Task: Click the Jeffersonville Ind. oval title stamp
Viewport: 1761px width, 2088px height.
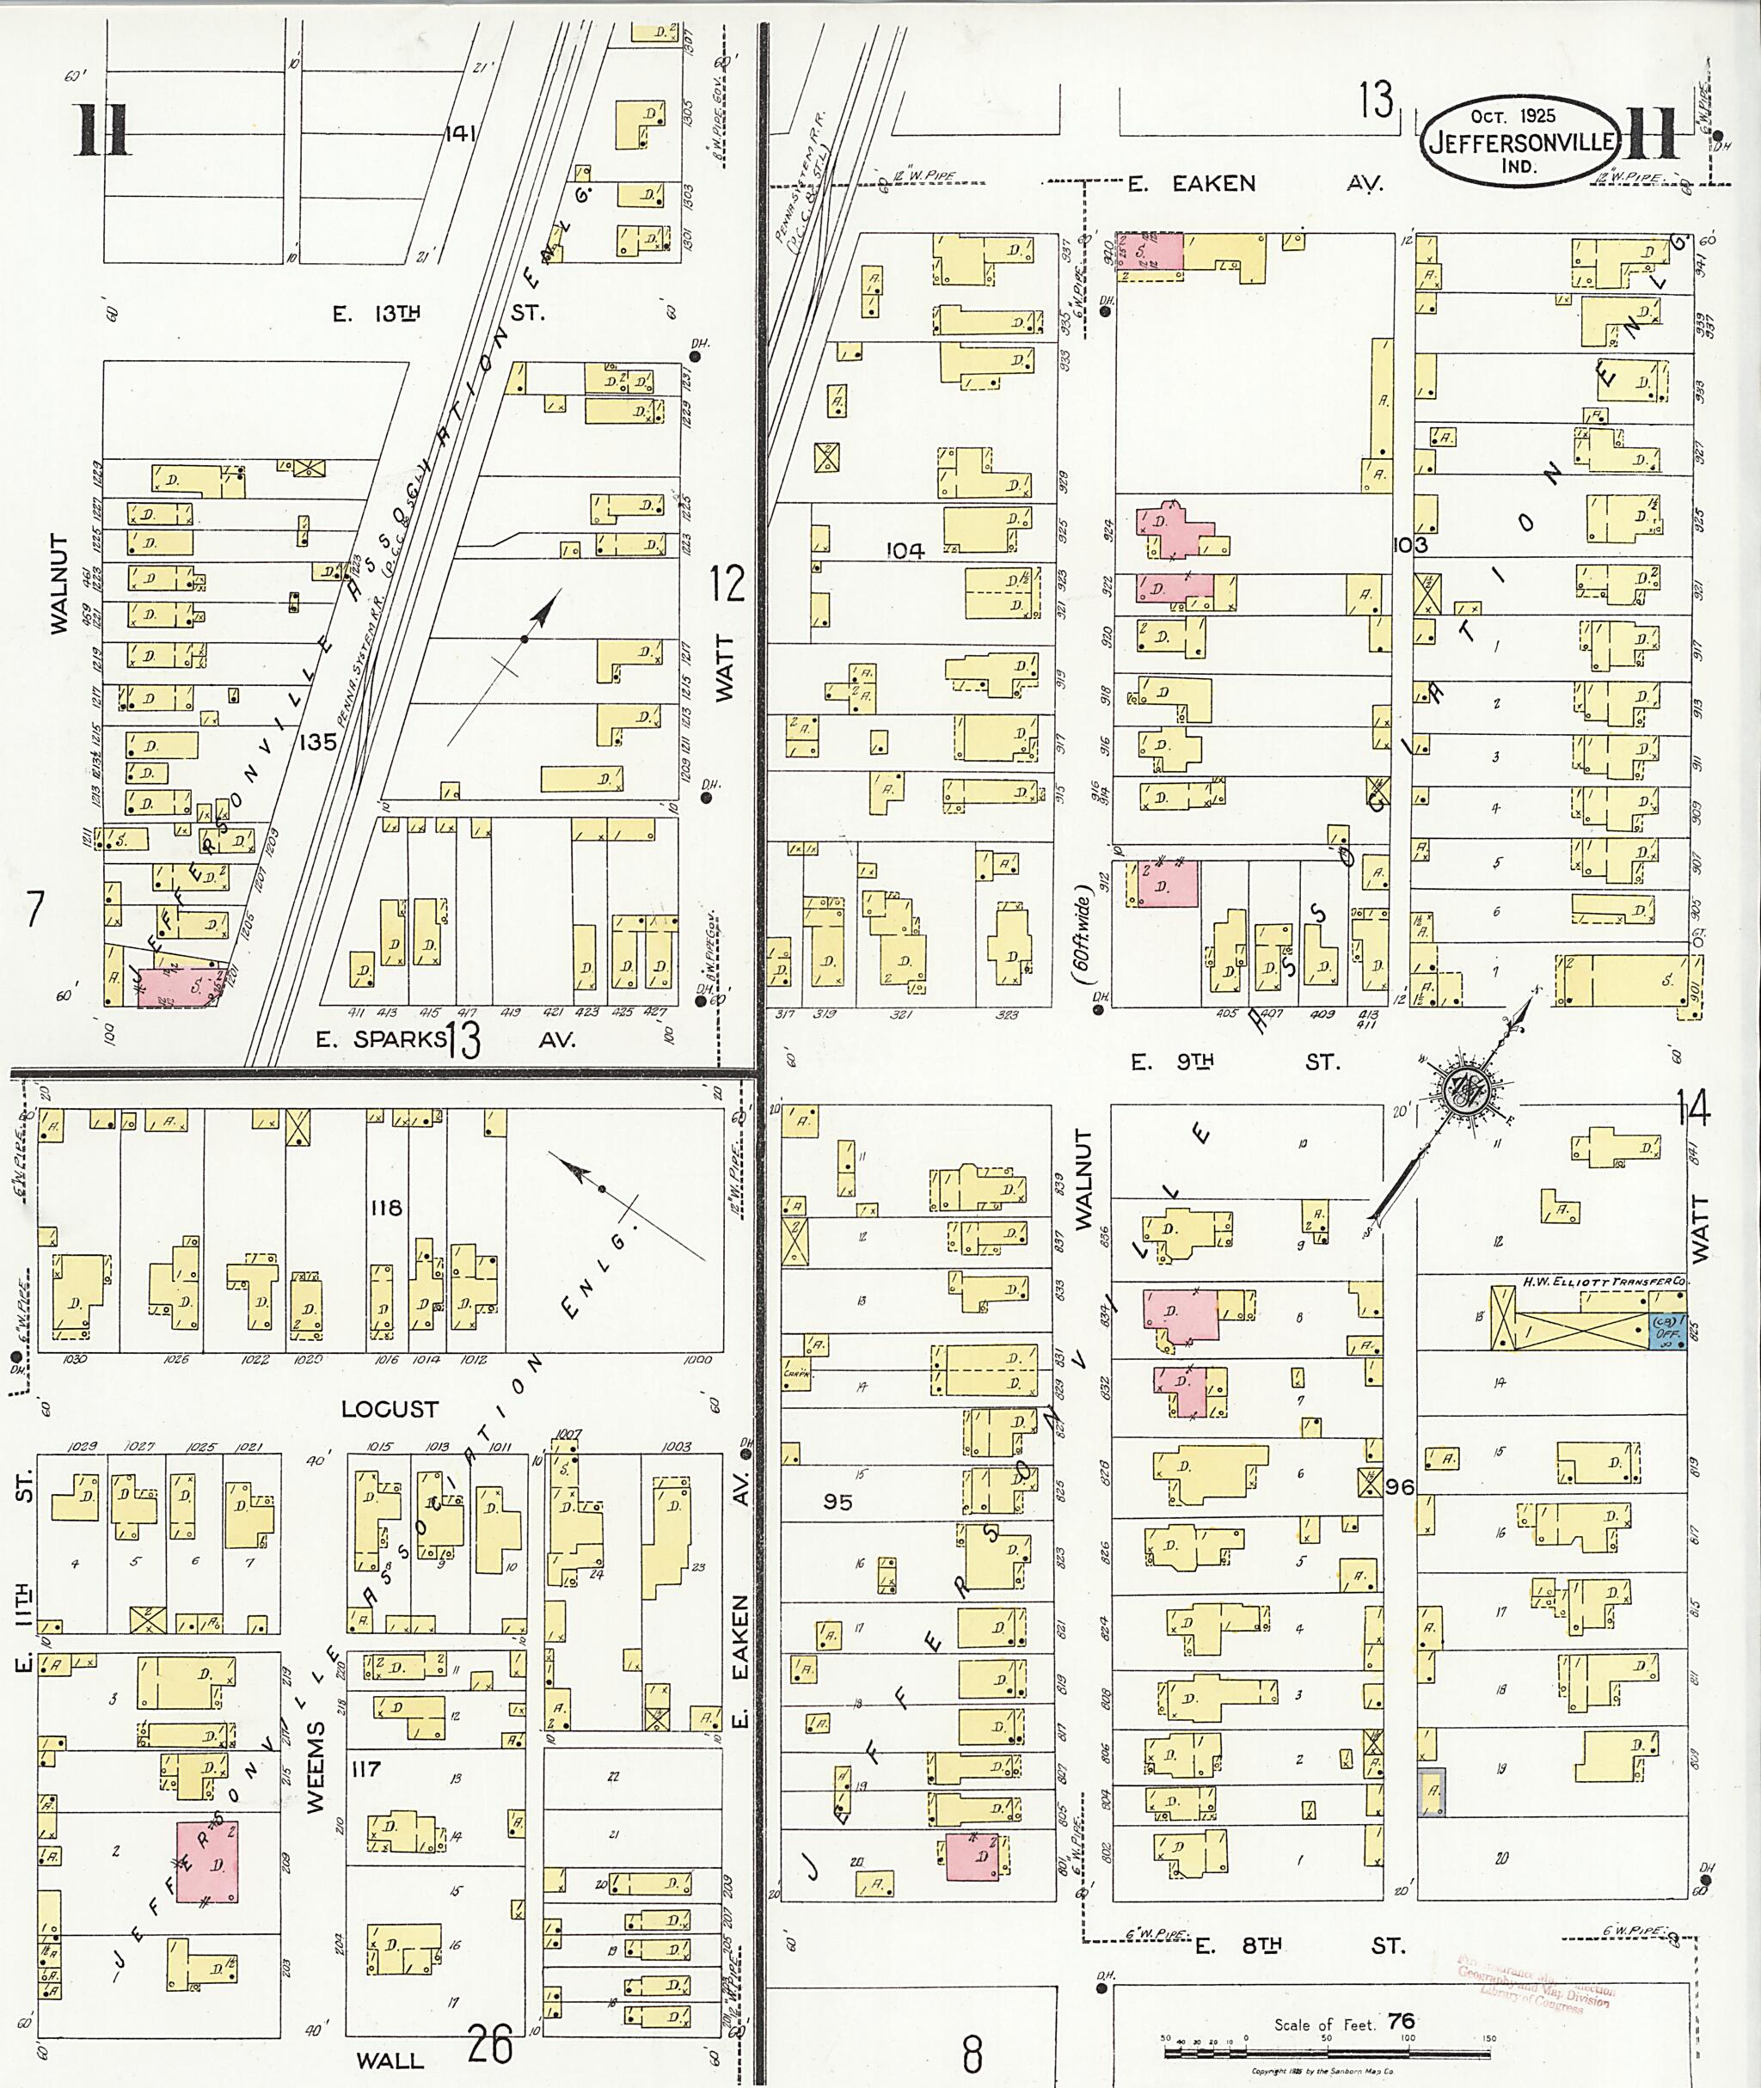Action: [1519, 141]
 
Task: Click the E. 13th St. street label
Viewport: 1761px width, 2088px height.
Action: [439, 312]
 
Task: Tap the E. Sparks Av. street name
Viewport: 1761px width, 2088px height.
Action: [445, 1039]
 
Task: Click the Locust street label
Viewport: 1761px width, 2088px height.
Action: [390, 1409]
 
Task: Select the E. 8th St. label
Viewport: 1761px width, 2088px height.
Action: [1298, 1945]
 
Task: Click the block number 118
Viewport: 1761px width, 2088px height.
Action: [385, 1208]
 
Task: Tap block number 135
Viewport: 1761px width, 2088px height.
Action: [317, 742]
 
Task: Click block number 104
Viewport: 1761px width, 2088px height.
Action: [905, 550]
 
